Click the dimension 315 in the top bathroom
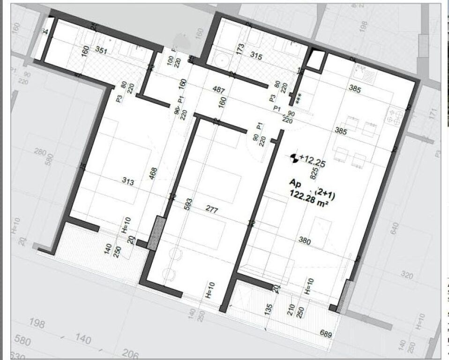tap(256, 56)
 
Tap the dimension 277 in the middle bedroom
tap(212, 210)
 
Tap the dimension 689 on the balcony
tap(326, 334)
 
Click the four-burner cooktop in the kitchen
tap(394, 116)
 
